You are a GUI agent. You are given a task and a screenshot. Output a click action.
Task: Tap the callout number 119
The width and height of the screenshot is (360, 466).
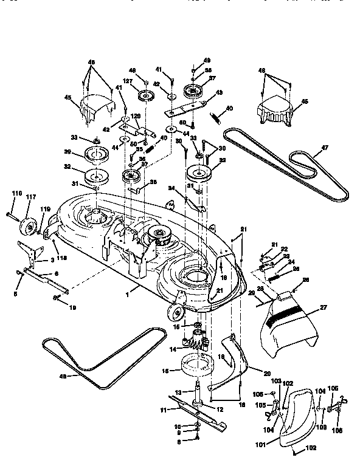pyautogui.click(x=45, y=210)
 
